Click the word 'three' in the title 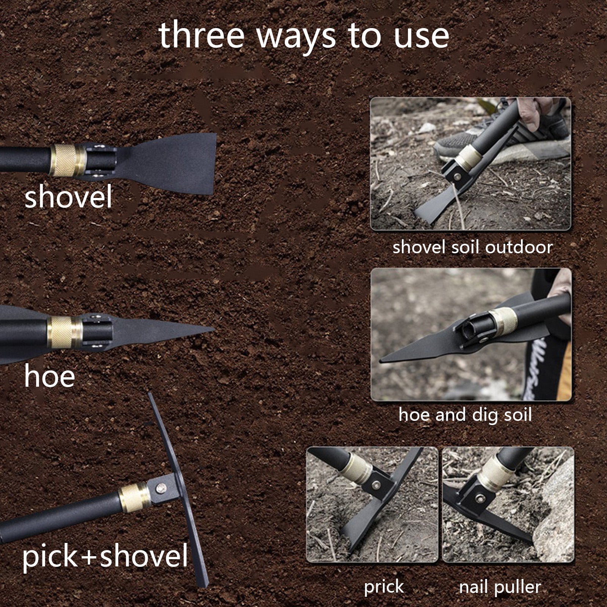201,36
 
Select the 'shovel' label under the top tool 68,197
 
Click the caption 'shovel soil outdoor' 472,247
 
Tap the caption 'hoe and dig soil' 465,414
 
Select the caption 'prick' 384,587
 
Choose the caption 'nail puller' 500,587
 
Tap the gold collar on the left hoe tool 64,332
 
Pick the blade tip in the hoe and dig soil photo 382,360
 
